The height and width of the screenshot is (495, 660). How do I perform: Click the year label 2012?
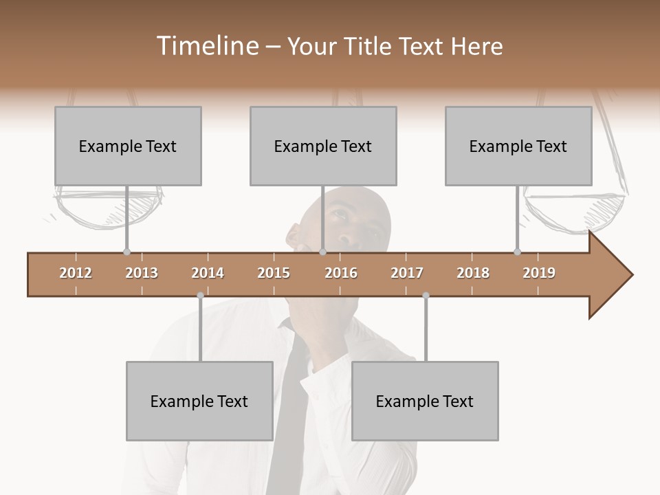coord(76,273)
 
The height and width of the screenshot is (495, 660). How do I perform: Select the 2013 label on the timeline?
coord(142,273)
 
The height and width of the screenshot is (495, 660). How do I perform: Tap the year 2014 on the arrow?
coord(208,273)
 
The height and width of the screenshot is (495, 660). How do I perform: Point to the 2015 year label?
coord(274,273)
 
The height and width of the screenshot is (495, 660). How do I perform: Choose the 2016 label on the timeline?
coord(341,273)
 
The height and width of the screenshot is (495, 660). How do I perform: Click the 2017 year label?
coord(407,273)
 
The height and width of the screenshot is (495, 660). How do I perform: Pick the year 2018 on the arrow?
coord(473,273)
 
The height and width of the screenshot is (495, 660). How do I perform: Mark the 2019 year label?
coord(539,273)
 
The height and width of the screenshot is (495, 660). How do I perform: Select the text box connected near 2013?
coord(128,146)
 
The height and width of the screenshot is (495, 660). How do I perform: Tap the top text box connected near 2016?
coord(323,146)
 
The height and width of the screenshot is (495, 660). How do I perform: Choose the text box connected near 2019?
coord(518,146)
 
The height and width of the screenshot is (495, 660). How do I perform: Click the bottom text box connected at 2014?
coord(199,401)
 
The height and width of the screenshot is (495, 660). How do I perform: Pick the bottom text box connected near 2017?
coord(425,401)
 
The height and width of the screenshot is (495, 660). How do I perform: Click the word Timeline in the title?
coord(206,46)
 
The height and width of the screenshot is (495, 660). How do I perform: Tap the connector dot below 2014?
coord(200,296)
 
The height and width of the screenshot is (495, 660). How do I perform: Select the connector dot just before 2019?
coord(517,252)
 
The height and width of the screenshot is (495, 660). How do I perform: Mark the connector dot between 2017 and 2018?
coord(426,296)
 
